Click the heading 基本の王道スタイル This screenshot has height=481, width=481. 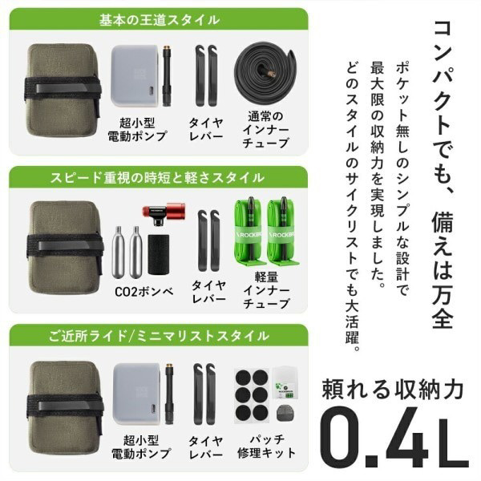coord(160,19)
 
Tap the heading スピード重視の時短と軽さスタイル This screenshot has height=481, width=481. coord(157,177)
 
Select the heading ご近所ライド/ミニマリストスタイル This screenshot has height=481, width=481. coord(159,336)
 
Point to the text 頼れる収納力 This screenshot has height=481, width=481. coord(392,389)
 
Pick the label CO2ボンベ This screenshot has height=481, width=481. coord(143,292)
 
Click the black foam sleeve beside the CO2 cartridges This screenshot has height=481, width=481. coord(158,254)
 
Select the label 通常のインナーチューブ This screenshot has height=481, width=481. coord(265,130)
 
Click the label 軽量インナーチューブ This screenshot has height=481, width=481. coord(266,290)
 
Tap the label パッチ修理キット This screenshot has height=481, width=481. coord(266,446)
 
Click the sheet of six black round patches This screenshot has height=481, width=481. coord(252,396)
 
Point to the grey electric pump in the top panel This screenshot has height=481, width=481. coord(135,76)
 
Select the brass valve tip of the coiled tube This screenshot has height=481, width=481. coord(270,73)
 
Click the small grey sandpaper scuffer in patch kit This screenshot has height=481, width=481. coord(285,413)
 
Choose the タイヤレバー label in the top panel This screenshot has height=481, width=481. coord(206,129)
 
